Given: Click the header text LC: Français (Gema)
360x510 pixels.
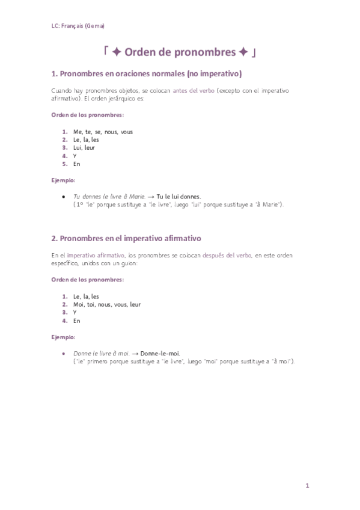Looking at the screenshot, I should [x=79, y=26].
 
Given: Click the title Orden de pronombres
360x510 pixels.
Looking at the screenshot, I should [x=180, y=52].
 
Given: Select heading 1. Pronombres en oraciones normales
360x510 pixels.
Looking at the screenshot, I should [x=147, y=75].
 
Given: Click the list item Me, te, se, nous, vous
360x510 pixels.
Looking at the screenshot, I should [x=103, y=132].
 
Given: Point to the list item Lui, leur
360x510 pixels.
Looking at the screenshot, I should [x=84, y=147].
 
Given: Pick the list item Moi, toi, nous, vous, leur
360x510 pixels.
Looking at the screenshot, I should [x=107, y=304].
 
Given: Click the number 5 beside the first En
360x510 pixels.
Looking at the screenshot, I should [x=64, y=164].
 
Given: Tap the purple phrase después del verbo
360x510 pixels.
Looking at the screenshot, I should [x=227, y=255].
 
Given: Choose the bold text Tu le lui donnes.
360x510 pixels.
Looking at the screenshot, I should [x=178, y=197].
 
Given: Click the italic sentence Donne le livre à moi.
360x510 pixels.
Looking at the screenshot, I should [x=101, y=353].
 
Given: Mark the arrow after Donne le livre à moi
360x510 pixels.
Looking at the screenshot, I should [x=135, y=353].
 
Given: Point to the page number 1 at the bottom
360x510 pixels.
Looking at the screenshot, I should [x=307, y=485].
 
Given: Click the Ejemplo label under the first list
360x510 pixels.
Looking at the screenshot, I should [x=64, y=180].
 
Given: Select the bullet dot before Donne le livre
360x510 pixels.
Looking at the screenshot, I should [x=64, y=353].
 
